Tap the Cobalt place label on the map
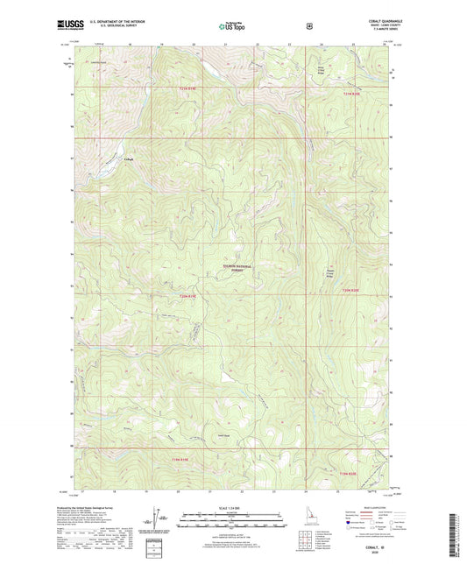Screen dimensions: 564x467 tap(130, 159)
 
